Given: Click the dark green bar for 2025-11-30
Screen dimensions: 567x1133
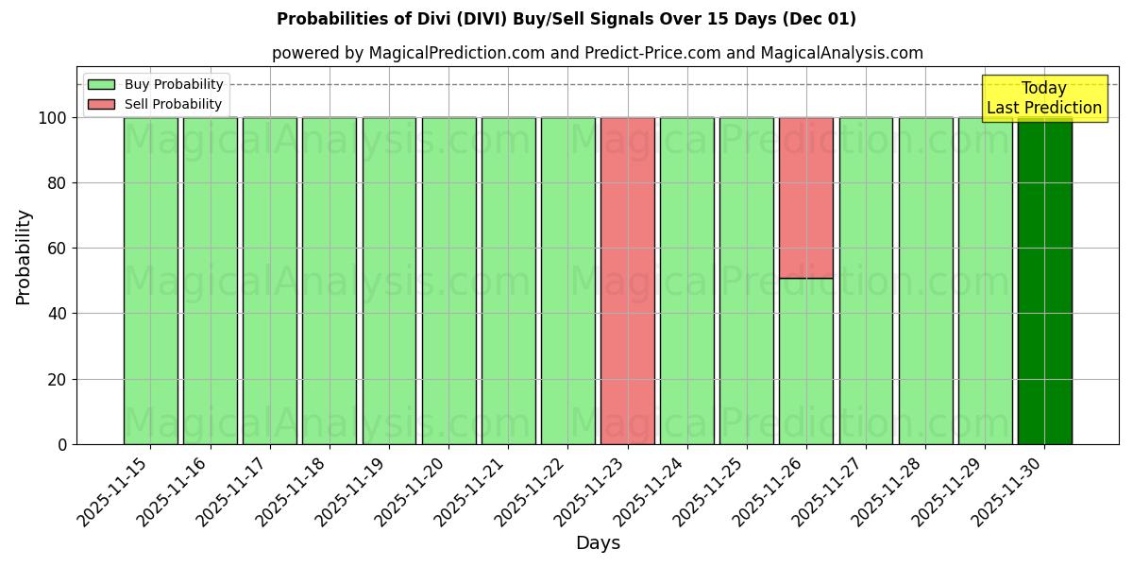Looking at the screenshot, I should tap(1044, 281).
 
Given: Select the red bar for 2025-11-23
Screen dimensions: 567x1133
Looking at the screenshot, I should tap(627, 281).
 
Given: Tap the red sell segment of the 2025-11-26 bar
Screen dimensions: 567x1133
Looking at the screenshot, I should tap(805, 198).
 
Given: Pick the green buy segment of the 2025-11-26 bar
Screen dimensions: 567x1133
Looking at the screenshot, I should tap(805, 361).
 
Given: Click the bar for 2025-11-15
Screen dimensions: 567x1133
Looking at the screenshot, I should tap(150, 281).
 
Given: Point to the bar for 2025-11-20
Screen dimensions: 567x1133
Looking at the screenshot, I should tap(448, 281).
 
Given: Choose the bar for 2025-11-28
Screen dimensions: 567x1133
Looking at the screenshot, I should tap(925, 281).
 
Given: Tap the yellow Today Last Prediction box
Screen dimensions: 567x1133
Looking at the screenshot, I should tap(1043, 98).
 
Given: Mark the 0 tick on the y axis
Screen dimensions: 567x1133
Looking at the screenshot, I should tap(63, 444).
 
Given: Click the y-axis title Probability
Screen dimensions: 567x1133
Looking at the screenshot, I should tap(24, 257).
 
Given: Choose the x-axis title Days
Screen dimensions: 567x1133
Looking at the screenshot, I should tap(598, 543).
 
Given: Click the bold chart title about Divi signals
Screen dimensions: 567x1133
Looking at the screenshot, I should tap(566, 19).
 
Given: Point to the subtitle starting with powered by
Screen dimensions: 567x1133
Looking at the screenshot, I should tap(597, 53).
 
